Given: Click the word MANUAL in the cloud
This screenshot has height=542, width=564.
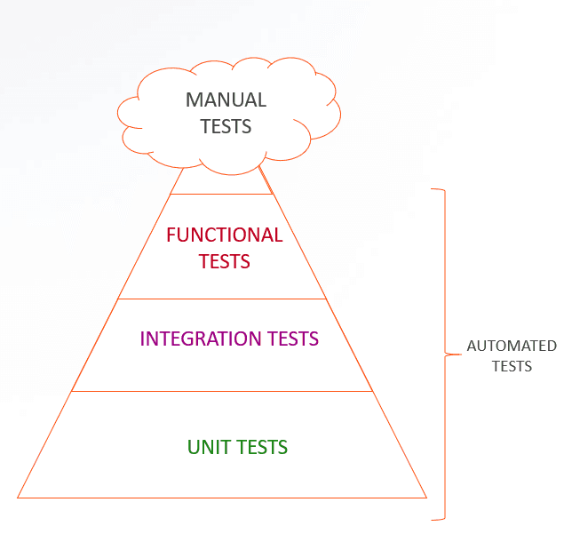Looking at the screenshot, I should click(226, 100).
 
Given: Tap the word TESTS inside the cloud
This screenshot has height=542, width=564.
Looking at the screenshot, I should click(226, 126).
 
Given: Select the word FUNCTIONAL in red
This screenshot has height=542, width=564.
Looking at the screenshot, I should click(224, 235).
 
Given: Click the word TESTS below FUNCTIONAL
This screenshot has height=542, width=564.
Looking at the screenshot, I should click(224, 262).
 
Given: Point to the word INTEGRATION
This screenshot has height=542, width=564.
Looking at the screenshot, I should click(197, 339).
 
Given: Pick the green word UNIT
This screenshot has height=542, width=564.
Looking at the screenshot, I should click(205, 447).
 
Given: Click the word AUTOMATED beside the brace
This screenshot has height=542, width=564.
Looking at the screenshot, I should click(512, 347).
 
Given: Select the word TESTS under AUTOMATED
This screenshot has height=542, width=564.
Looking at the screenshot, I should click(512, 366).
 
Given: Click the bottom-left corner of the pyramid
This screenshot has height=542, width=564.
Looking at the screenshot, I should click(18, 498).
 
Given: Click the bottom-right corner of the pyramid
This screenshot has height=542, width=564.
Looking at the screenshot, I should click(426, 498).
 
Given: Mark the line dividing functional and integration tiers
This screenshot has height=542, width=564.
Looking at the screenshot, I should click(222, 299).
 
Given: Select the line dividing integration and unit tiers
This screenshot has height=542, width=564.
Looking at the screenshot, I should click(222, 391).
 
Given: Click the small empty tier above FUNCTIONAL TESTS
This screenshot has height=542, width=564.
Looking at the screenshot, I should click(221, 181).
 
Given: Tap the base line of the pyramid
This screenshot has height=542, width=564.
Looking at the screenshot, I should click(222, 498).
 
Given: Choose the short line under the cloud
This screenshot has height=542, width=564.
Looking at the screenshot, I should click(221, 194).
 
